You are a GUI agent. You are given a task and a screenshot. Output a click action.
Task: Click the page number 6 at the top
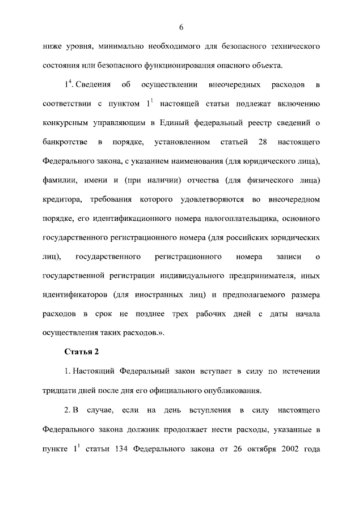pos(181,28)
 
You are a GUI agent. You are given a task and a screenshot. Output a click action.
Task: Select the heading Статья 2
pos(82,352)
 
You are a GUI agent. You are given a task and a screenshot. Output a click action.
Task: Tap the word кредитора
pos(64,199)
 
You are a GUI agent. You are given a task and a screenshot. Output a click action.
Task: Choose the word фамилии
pos(60,180)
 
